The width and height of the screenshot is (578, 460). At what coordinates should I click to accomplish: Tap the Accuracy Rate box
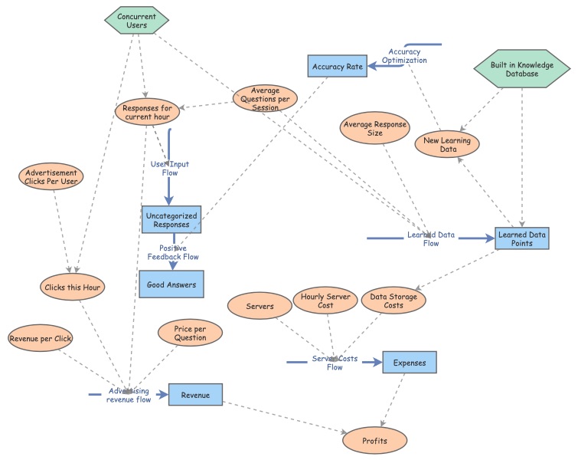337,67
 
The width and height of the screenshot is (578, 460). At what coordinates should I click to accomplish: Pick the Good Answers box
171,284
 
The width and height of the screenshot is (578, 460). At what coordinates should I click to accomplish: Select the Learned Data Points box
522,238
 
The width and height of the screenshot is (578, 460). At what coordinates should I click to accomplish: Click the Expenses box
410,362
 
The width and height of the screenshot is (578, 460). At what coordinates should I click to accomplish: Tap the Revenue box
195,394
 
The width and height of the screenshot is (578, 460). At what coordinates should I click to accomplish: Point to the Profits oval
375,441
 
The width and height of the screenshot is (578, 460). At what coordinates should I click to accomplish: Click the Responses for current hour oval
148,111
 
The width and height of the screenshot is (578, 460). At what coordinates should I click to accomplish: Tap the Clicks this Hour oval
73,287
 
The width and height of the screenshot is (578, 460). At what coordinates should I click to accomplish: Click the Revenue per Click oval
40,337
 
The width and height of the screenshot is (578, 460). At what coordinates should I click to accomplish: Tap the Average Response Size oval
375,128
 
